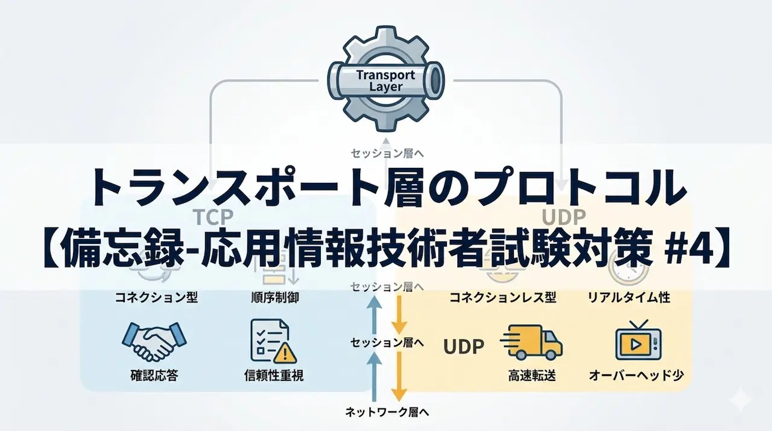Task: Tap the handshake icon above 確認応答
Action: click(x=154, y=342)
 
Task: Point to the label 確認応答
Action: click(x=154, y=375)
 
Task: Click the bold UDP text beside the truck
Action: click(x=464, y=346)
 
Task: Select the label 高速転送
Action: click(x=532, y=375)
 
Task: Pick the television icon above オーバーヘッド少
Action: click(x=638, y=342)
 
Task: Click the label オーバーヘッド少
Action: click(x=637, y=375)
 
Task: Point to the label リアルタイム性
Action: click(x=628, y=297)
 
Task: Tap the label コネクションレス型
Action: click(x=502, y=297)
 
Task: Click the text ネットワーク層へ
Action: click(x=387, y=413)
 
